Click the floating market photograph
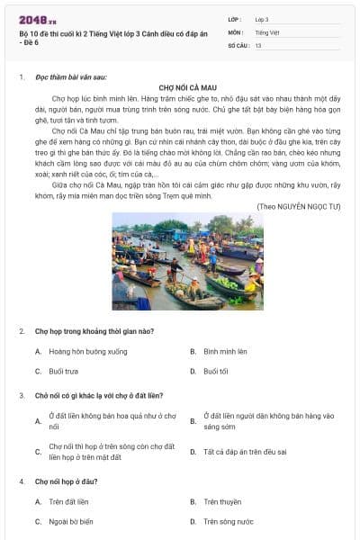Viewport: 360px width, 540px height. coord(187,261)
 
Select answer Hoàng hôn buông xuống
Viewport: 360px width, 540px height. coord(88,351)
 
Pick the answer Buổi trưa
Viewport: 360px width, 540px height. coord(63,371)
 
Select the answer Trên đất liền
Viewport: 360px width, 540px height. coord(68,501)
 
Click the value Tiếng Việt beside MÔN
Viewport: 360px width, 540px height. coord(269,31)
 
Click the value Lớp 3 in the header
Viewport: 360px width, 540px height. coord(262,18)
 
